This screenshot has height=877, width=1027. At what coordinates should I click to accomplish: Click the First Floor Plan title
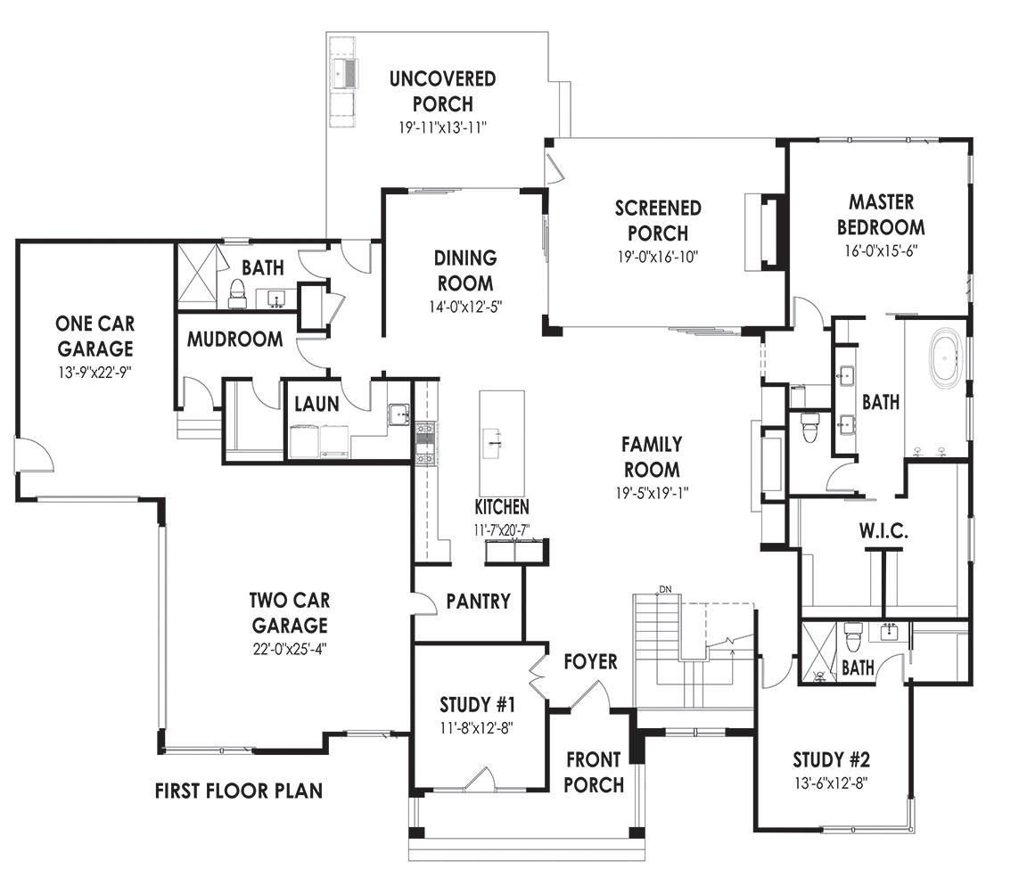238,791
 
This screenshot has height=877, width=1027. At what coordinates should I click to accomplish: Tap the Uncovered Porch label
442,91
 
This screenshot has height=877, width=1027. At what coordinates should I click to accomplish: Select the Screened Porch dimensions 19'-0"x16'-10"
657,257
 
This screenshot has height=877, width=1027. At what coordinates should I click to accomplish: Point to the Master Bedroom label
880,215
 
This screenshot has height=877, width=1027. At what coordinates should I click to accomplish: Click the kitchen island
501,443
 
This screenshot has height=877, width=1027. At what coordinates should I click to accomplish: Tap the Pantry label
478,602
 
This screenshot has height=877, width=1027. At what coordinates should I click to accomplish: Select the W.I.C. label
883,532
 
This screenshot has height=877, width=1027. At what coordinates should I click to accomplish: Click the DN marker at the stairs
665,589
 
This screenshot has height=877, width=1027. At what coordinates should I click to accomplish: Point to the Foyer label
590,661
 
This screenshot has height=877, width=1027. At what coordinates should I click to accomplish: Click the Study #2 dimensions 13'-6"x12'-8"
831,783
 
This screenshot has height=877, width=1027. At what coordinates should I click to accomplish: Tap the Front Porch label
594,772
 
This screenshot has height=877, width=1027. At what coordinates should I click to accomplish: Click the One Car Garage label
94,335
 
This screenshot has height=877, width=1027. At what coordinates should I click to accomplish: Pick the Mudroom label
235,340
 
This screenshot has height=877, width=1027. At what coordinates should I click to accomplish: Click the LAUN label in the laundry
316,405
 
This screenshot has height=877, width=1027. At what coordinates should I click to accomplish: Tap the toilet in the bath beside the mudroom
237,294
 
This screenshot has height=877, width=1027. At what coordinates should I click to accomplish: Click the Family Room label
652,456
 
